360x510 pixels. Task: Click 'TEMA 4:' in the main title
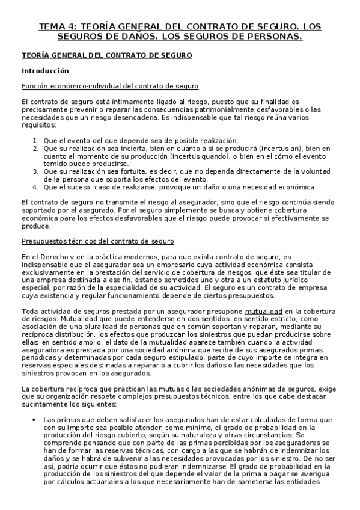(58, 27)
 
